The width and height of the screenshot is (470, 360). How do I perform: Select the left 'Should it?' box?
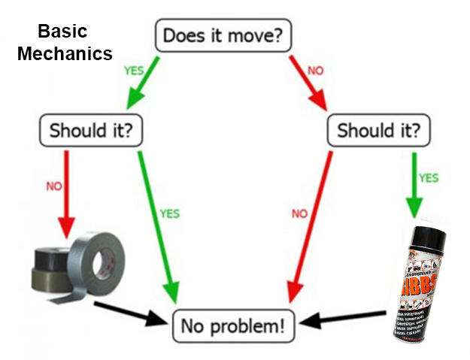pyautogui.click(x=91, y=130)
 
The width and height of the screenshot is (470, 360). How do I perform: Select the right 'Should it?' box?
pyautogui.click(x=380, y=130)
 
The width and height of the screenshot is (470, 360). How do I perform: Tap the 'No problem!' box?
pyautogui.click(x=234, y=325)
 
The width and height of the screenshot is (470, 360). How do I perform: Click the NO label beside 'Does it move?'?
pyautogui.click(x=315, y=72)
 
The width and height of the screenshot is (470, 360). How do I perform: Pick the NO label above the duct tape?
pyautogui.click(x=54, y=186)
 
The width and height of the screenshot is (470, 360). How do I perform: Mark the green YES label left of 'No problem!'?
pyautogui.click(x=170, y=213)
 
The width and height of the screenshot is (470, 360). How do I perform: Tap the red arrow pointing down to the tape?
pyautogui.click(x=66, y=192)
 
